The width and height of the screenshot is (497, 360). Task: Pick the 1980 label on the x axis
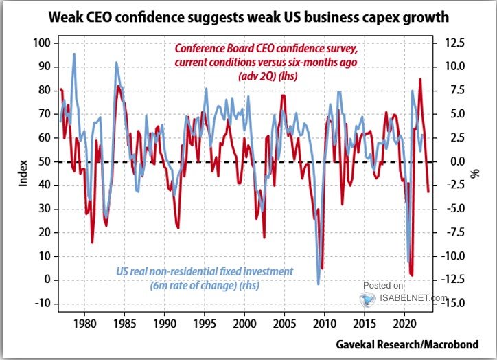point(84,323)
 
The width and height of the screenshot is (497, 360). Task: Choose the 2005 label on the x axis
point(285,323)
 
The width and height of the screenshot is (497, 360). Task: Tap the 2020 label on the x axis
point(405,323)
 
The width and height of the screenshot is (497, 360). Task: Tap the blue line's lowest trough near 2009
point(318,284)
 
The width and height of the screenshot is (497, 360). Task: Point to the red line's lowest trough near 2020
point(412,275)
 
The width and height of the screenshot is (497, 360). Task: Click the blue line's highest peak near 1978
point(74,54)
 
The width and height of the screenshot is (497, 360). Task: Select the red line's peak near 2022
point(420,79)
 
